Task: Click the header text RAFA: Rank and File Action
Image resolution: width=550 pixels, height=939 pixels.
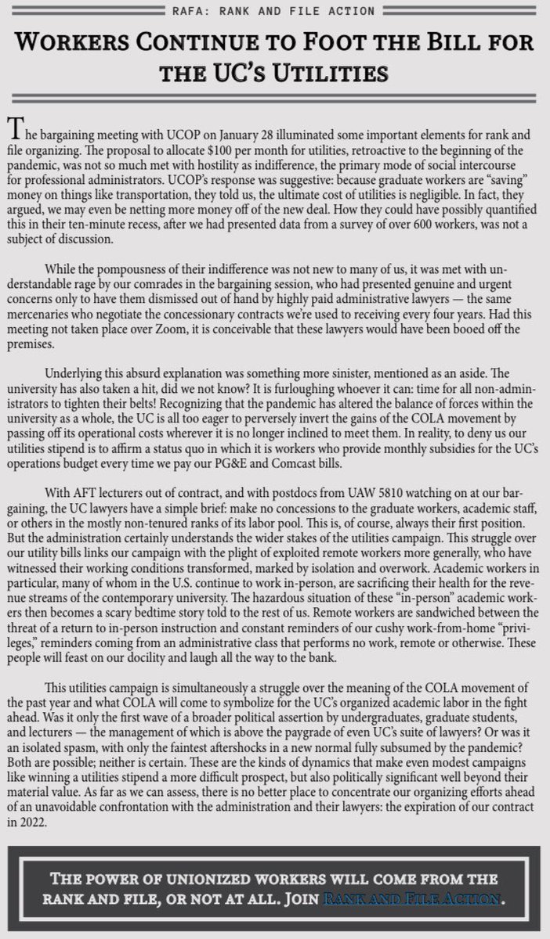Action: [x=275, y=10]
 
